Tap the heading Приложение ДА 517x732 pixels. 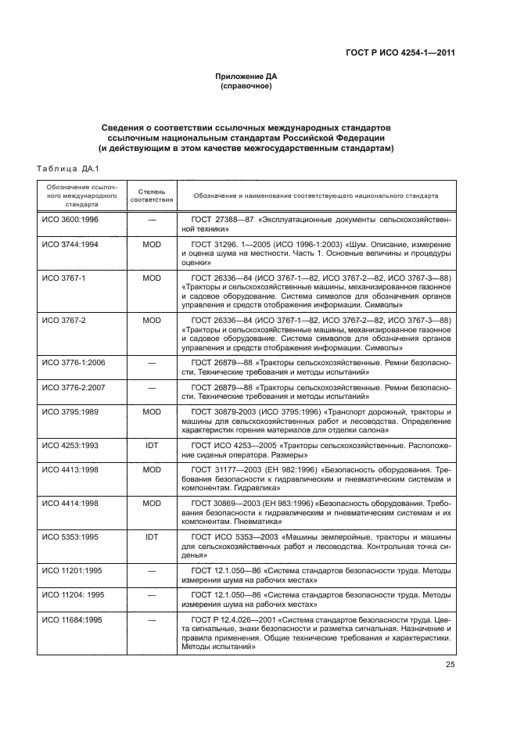tap(246, 76)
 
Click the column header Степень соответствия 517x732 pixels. tap(152, 195)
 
